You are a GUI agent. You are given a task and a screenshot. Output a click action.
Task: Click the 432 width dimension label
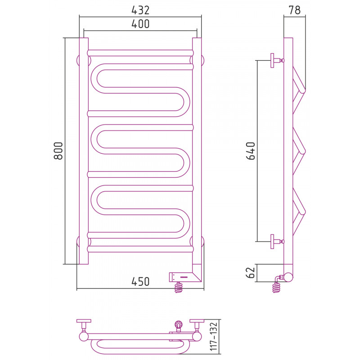click(x=140, y=10)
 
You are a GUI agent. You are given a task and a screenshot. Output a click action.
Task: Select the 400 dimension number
click(x=140, y=24)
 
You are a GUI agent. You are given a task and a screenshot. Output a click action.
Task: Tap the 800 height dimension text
click(x=58, y=151)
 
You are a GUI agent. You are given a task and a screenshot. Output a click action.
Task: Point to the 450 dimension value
click(x=140, y=282)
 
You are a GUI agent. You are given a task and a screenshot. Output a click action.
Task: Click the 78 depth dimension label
click(x=295, y=10)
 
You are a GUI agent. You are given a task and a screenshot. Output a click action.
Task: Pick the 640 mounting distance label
click(x=251, y=151)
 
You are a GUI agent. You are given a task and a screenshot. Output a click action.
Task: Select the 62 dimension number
click(x=251, y=273)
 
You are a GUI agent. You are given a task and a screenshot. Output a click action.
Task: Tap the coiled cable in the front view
click(x=179, y=288)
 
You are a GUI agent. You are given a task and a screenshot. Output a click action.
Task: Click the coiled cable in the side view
click(x=277, y=288)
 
